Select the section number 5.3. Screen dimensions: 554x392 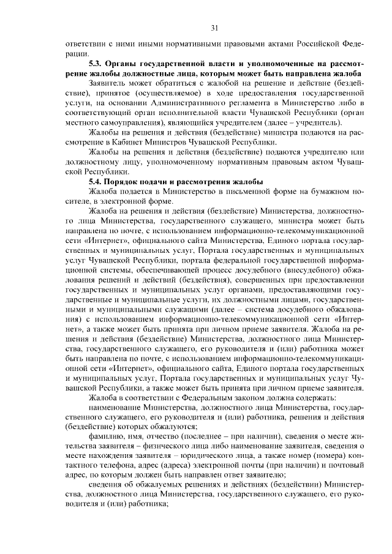pyautogui.click(x=97, y=64)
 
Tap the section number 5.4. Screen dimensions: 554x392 pyautogui.click(x=97, y=181)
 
